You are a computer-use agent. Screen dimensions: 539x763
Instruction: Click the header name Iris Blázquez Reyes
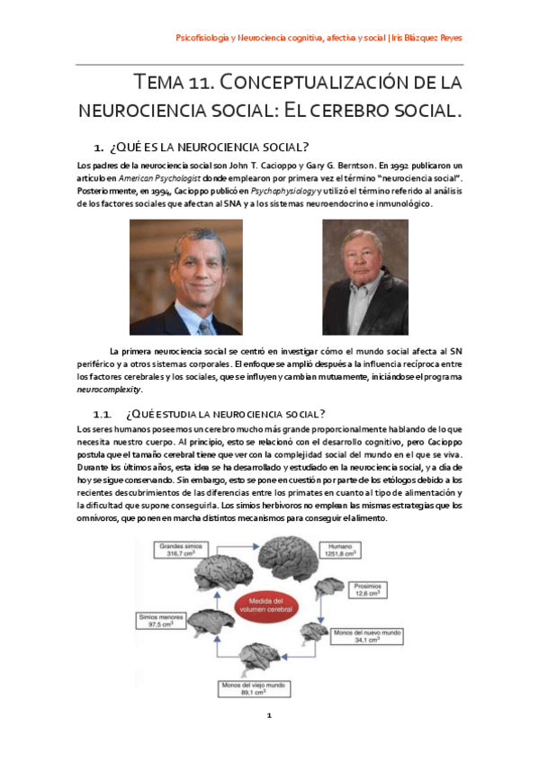(427, 38)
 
